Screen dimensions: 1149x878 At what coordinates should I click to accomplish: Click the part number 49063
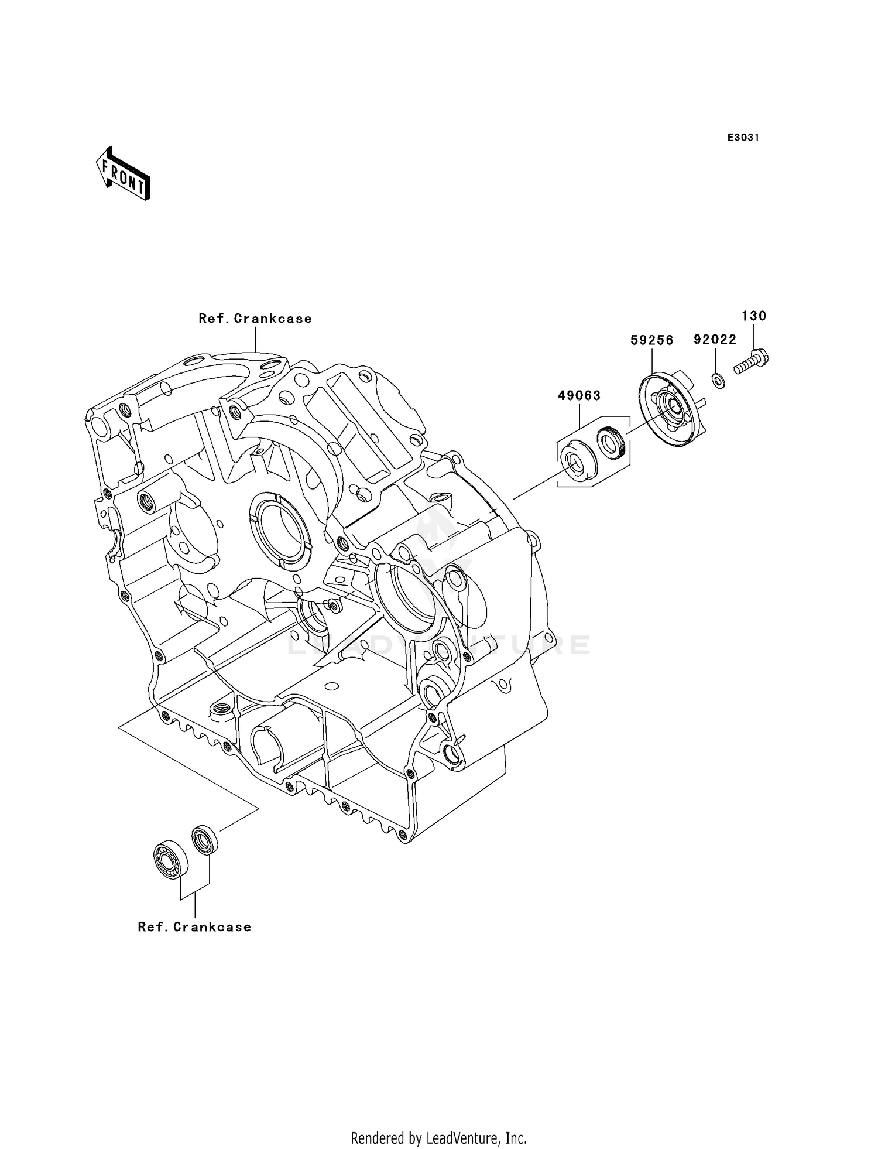pos(579,396)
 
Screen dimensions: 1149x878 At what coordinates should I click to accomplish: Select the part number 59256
pos(651,340)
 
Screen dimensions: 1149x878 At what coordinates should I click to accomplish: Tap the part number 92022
pos(715,340)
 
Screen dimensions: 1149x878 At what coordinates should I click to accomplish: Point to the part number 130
pos(754,316)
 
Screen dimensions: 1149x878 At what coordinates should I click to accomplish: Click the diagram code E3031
pos(743,138)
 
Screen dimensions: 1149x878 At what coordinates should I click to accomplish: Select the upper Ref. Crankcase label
pos(255,319)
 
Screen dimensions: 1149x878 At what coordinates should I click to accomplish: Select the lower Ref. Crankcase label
pos(194,927)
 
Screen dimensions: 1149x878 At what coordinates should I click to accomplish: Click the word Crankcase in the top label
pos(273,319)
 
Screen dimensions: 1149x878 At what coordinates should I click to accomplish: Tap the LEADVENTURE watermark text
pos(439,645)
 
